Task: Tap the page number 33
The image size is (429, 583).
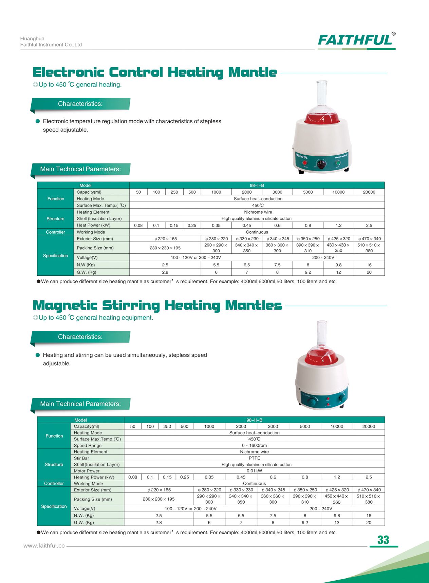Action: [383, 540]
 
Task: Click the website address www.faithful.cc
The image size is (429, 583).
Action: [44, 546]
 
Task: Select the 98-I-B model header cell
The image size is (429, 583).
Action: [257, 185]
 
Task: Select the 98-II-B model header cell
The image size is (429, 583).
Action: [254, 420]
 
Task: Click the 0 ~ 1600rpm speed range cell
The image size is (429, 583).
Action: [254, 445]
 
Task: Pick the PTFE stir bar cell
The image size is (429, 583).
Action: [254, 458]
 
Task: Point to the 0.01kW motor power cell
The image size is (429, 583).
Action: [254, 471]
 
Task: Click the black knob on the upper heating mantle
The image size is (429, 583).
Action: [320, 163]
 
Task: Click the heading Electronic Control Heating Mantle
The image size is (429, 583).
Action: [155, 72]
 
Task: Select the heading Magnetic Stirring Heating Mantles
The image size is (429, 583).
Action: [157, 305]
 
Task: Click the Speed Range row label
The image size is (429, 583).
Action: [88, 445]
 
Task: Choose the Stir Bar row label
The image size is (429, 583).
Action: [81, 458]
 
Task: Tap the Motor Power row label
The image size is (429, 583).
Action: [87, 471]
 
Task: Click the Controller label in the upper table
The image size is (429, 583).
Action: [55, 232]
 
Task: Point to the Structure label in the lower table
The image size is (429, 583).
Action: [54, 464]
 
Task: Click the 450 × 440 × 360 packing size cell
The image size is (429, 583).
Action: [336, 499]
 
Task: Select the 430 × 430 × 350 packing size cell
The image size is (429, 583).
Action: [338, 248]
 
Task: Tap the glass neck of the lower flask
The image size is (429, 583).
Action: [322, 334]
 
